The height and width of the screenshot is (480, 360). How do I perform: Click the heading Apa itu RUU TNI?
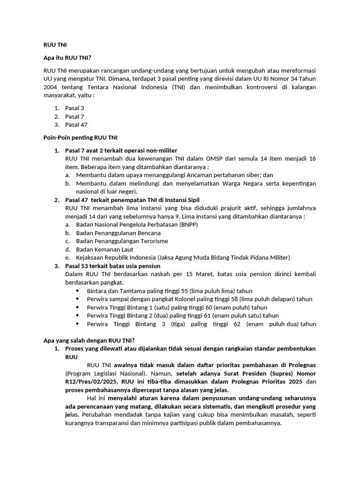[67, 58]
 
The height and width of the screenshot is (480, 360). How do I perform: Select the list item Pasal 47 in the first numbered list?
[76, 125]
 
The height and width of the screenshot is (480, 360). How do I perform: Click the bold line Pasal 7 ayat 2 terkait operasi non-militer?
[121, 150]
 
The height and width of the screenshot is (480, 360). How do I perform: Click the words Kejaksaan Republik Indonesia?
[116, 257]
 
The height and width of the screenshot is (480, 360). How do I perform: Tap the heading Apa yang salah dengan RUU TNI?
[89, 340]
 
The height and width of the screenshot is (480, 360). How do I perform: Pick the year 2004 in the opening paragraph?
[52, 87]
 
